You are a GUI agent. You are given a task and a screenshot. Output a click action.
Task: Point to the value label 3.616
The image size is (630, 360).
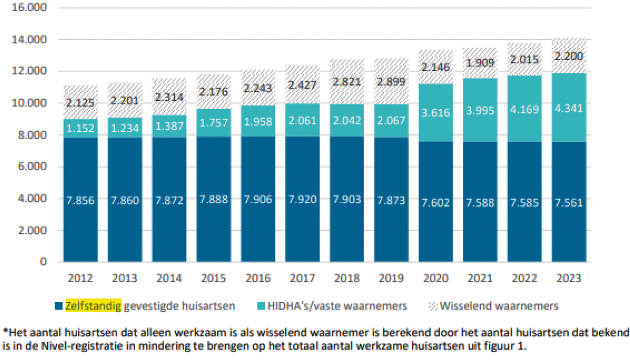coord(436,113)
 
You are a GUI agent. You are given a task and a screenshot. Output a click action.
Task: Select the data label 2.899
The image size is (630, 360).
coord(391,82)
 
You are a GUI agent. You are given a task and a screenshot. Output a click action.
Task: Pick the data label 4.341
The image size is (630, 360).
coord(569,108)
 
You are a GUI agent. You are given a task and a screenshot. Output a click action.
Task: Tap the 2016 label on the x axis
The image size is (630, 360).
coord(258,278)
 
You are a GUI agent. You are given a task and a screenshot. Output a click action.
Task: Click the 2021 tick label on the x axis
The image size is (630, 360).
coord(480,278)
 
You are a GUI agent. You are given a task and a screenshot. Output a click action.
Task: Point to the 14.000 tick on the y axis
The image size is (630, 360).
coord(30,40)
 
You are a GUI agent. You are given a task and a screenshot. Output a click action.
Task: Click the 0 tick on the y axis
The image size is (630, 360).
coord(44,262)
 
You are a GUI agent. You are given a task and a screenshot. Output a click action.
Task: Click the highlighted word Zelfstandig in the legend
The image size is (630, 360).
coord(93,306)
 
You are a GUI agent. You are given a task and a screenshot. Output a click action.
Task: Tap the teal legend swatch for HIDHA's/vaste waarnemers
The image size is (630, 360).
coord(259,306)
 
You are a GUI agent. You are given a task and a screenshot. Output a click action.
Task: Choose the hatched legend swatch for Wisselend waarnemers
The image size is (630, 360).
coord(433,306)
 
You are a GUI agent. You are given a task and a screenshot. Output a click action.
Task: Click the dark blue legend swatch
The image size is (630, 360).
coord(59,306)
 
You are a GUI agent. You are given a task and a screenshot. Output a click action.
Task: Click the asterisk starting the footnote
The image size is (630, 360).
coord(6,333)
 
